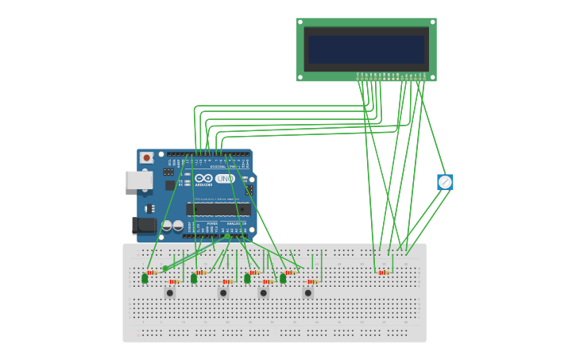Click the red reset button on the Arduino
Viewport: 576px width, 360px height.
[x=146, y=158]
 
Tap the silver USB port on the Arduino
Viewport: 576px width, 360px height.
[x=138, y=180]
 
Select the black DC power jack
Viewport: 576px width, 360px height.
[x=143, y=226]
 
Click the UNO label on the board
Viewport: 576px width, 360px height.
[x=225, y=179]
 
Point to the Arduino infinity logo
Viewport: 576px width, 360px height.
[x=204, y=179]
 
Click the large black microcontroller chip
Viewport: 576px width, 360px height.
[x=218, y=209]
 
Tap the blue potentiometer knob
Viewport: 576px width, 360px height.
[x=445, y=182]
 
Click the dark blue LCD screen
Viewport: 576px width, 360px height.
[x=366, y=49]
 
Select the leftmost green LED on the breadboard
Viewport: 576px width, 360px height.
[x=145, y=278]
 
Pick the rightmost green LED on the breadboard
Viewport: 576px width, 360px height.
[x=283, y=278]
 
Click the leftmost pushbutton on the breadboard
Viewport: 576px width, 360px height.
[x=169, y=292]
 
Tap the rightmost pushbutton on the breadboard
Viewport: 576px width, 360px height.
[x=308, y=292]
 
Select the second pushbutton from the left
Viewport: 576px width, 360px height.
[x=223, y=292]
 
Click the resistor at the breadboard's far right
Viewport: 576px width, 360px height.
[x=384, y=273]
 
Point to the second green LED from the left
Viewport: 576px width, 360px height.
[x=194, y=278]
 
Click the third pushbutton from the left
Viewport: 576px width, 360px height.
[x=264, y=292]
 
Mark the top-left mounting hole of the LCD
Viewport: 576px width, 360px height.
[x=300, y=21]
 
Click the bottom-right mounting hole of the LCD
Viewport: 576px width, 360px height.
[x=432, y=77]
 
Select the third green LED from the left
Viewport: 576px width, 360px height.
[x=247, y=278]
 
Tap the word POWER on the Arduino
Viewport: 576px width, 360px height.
[x=212, y=224]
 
